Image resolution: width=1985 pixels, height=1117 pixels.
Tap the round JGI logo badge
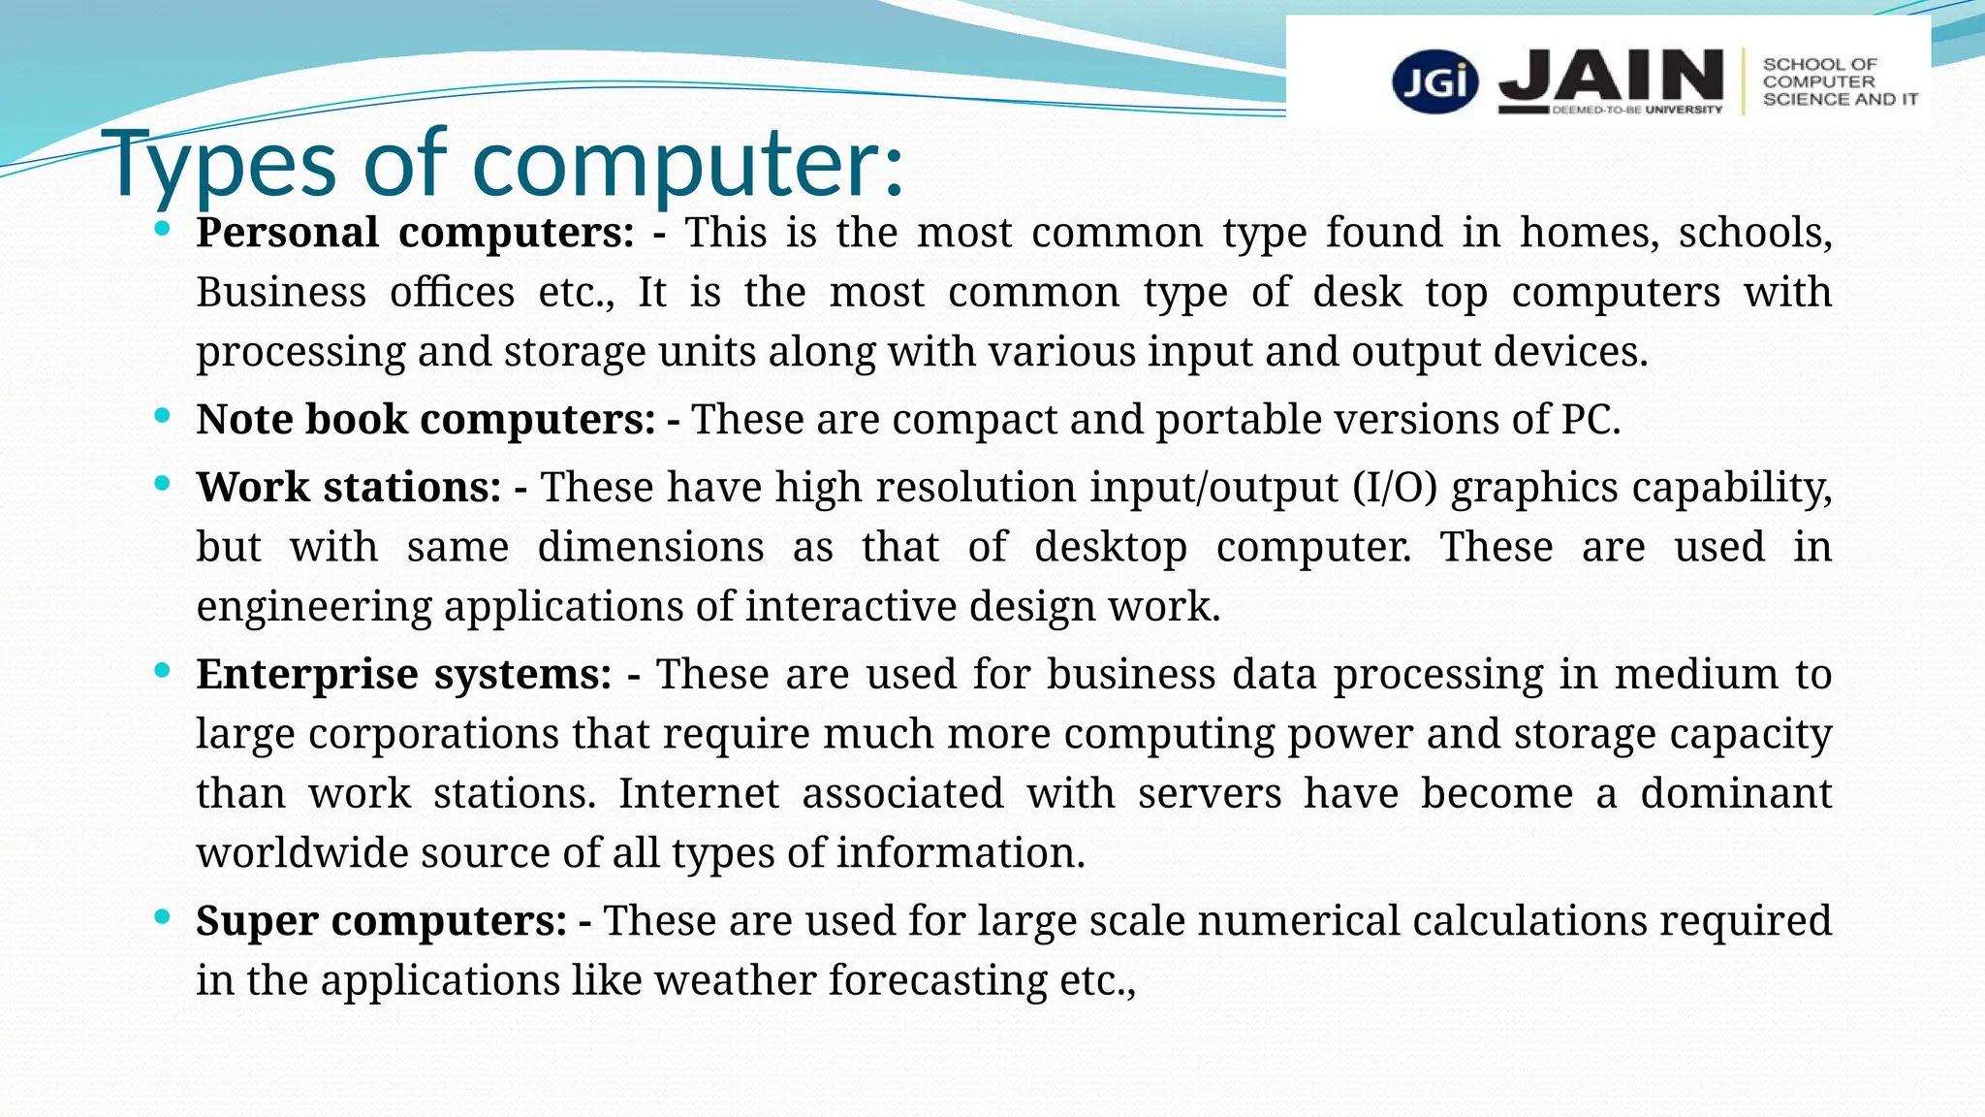[1435, 82]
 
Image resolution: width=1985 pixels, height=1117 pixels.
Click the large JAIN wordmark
[1611, 78]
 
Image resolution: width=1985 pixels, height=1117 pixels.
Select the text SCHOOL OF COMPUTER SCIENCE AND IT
[1839, 82]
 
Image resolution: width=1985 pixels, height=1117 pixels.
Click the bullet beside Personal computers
[162, 230]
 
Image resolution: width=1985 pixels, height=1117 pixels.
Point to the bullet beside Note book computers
[162, 416]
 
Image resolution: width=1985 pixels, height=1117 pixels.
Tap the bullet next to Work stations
[162, 483]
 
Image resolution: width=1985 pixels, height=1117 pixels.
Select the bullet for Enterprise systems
[162, 670]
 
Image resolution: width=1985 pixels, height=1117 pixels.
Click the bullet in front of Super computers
[162, 916]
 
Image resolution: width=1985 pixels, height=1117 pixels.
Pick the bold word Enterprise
[304, 675]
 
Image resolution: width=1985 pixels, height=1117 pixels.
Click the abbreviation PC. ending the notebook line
[1591, 420]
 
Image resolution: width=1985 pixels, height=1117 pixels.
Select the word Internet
[699, 793]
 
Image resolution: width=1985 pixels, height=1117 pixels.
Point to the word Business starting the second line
[281, 292]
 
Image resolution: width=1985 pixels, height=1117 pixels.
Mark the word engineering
[314, 607]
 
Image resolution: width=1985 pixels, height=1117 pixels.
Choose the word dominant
[1735, 793]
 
